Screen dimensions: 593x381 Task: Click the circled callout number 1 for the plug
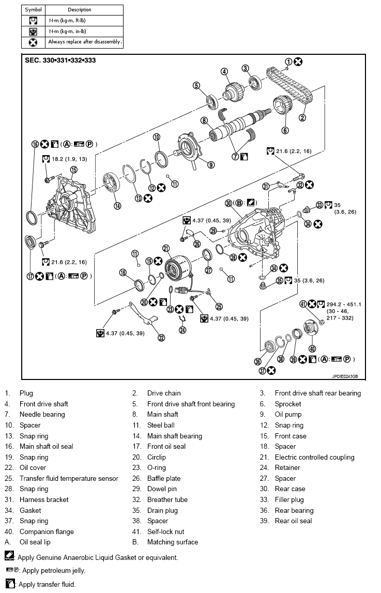tap(288, 62)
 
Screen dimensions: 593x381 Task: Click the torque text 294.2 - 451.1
tap(343, 304)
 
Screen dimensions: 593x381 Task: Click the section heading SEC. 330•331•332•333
tap(60, 60)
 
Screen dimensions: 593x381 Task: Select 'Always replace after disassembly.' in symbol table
tap(85, 42)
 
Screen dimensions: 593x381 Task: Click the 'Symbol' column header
tap(33, 10)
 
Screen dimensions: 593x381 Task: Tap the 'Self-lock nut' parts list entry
tap(165, 531)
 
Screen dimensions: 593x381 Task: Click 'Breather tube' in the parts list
tap(167, 499)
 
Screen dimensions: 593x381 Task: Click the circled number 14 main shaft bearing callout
tap(117, 205)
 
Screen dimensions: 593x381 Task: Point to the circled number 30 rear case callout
tap(228, 203)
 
